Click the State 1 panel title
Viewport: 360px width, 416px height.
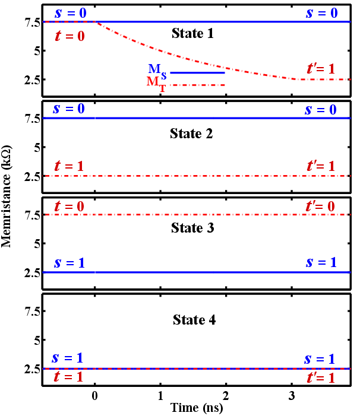coord(192,33)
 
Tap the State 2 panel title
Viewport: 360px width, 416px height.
coord(192,134)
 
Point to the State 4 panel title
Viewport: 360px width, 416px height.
coord(192,320)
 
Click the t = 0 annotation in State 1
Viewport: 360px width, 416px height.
coord(70,36)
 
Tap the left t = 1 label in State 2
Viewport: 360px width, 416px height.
coord(70,165)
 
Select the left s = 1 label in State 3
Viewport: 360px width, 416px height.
coord(69,262)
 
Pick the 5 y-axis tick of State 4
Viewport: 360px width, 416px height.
coord(34,341)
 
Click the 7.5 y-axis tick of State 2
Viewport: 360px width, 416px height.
coord(30,119)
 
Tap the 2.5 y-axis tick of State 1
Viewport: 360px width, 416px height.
coord(30,80)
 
